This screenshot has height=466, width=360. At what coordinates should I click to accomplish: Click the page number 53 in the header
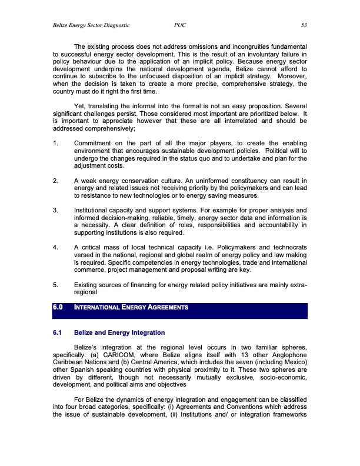(304, 25)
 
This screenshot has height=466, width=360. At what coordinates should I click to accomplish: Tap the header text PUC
(181, 25)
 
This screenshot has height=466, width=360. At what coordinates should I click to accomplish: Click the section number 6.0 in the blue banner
(58, 307)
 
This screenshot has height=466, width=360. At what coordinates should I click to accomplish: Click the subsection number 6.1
(58, 334)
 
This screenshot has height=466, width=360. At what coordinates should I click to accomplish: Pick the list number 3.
(55, 225)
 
